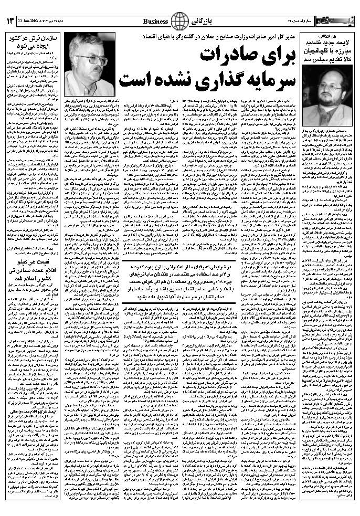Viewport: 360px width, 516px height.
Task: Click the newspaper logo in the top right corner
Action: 338,21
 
